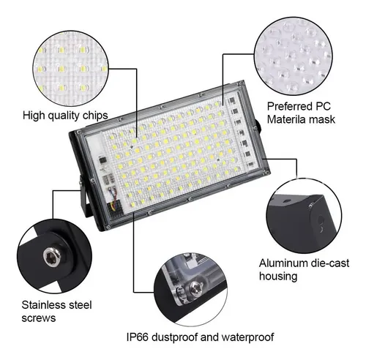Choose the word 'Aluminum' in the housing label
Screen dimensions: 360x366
[x=281, y=263]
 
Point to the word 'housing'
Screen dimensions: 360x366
[x=278, y=276]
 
